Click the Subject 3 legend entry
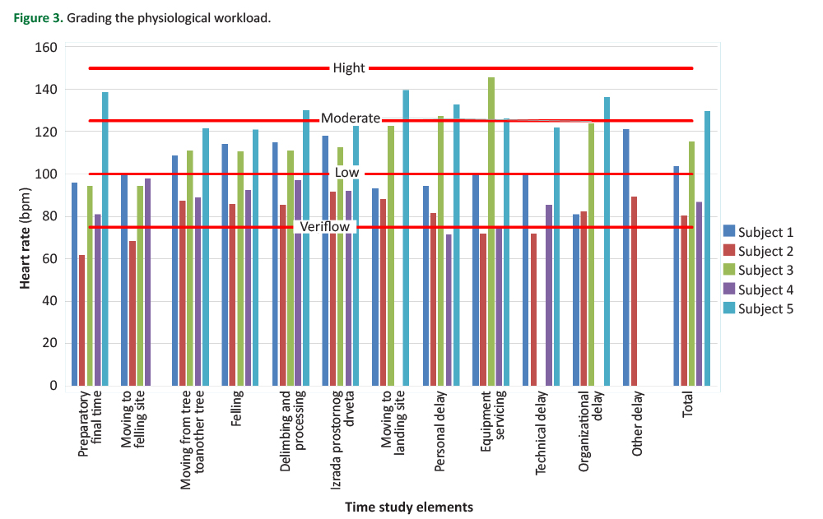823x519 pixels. tap(765, 270)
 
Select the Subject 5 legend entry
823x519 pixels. tap(765, 309)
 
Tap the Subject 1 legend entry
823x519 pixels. tap(765, 230)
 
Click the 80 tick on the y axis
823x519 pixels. tap(51, 216)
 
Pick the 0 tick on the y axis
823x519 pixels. tap(54, 386)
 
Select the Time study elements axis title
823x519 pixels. tap(409, 507)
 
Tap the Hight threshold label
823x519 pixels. tap(349, 68)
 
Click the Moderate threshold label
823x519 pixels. tap(351, 118)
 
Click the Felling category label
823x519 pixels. tap(236, 409)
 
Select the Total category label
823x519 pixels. tap(688, 405)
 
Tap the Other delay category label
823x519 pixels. tap(639, 424)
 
